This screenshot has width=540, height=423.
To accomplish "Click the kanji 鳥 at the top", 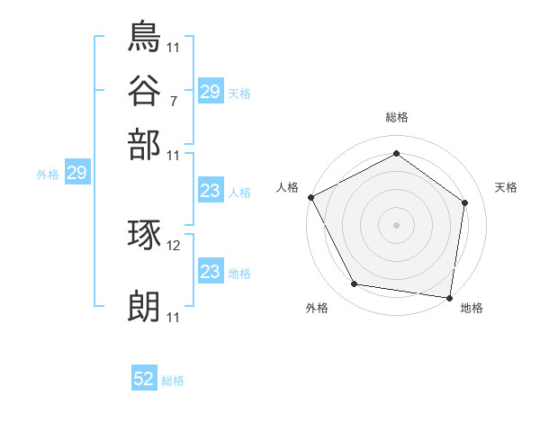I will pyautogui.click(x=145, y=37).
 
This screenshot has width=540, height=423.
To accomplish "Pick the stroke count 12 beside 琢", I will pyautogui.click(x=175, y=246).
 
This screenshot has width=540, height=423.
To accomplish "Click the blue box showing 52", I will pyautogui.click(x=144, y=380).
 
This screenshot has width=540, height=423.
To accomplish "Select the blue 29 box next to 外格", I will pyautogui.click(x=76, y=174).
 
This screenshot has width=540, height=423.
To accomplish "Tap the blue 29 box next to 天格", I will pyautogui.click(x=210, y=92).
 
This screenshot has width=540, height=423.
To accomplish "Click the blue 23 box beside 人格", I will pyautogui.click(x=210, y=191).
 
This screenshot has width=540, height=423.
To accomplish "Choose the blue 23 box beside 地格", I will pyautogui.click(x=210, y=272).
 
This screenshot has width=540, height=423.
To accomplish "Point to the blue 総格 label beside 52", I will pyautogui.click(x=173, y=381).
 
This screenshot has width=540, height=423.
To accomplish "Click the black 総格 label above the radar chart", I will pyautogui.click(x=396, y=117).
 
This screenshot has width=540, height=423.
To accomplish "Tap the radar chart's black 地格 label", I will pyautogui.click(x=472, y=309).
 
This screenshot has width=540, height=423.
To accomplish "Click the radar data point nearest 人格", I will pyautogui.click(x=310, y=196).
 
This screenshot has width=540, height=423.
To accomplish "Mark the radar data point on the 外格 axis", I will pyautogui.click(x=355, y=284).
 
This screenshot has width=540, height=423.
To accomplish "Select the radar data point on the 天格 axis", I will pyautogui.click(x=464, y=202).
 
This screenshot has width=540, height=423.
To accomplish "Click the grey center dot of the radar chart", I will pyautogui.click(x=396, y=224).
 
